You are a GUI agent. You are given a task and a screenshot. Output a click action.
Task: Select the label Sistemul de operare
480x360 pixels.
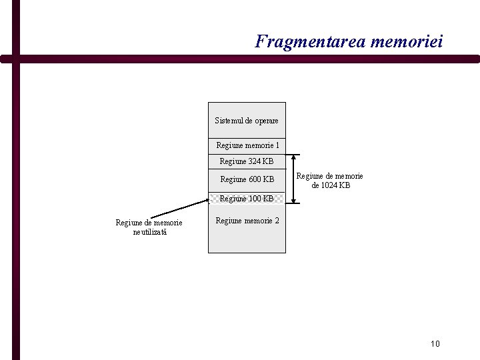pos(247,121)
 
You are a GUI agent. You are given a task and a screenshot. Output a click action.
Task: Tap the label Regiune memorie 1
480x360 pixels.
pos(247,145)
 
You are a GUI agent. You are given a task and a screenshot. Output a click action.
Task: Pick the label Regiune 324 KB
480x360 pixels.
pos(247,161)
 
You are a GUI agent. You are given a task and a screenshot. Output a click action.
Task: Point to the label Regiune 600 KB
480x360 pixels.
pos(247,179)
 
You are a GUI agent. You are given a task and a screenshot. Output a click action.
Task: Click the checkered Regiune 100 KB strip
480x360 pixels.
pos(247,198)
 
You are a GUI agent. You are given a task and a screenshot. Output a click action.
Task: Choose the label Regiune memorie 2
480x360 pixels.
pos(247,220)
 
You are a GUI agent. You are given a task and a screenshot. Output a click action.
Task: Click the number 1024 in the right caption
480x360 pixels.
pos(331,185)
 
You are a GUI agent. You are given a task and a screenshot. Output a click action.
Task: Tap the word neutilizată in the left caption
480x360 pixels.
pos(150,231)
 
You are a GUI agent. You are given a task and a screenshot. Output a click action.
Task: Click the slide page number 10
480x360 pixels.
pos(435,343)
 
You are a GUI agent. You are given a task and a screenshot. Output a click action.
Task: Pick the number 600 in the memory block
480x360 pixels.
pos(255,179)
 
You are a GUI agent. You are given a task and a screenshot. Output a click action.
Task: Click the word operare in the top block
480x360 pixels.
pos(265,121)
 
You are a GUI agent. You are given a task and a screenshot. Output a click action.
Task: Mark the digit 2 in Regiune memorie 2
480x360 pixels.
pos(277,220)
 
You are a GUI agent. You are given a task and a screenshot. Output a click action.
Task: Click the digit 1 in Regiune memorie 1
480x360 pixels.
pos(277,145)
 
